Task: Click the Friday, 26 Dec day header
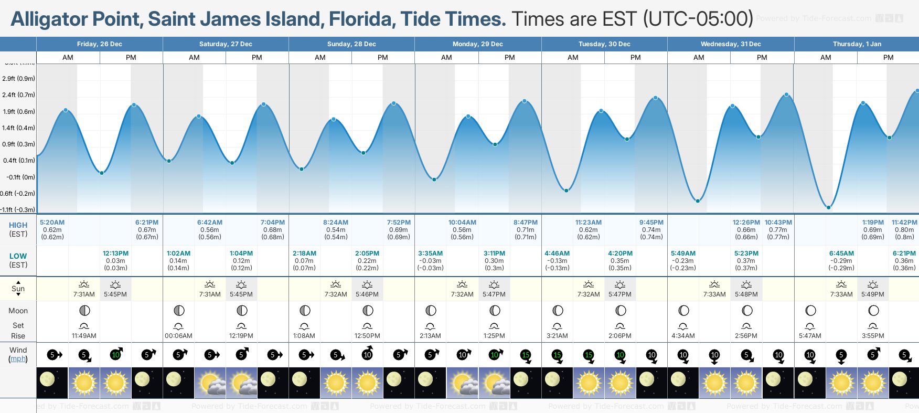point(99,44)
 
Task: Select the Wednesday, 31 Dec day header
point(731,44)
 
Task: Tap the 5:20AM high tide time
point(52,223)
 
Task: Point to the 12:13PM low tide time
point(115,253)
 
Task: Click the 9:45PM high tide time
point(651,223)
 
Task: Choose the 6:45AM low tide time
point(841,253)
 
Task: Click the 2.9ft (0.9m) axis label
point(19,79)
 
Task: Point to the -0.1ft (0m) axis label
point(21,177)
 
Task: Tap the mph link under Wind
point(18,359)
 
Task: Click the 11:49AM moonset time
point(84,336)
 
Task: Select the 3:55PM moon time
point(873,336)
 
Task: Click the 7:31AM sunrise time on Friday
point(84,294)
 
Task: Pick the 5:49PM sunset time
point(873,294)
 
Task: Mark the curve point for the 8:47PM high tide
point(525,101)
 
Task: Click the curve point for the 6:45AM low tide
point(829,208)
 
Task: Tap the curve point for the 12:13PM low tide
point(102,173)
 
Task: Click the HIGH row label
point(18,225)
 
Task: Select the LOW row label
point(18,256)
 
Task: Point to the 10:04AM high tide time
point(462,223)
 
